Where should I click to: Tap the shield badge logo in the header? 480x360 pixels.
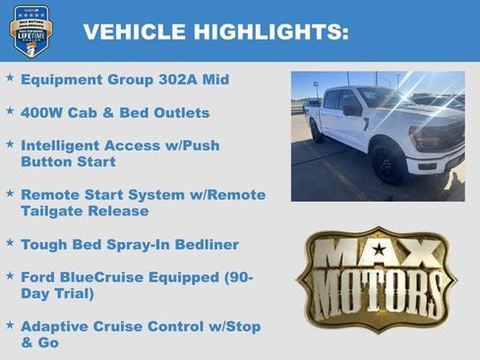tap(31, 30)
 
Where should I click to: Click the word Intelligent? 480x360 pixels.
tap(67, 145)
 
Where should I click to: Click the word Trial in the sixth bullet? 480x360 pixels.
tap(74, 293)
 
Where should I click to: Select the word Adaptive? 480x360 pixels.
tap(57, 326)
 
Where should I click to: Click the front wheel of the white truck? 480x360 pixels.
tap(388, 164)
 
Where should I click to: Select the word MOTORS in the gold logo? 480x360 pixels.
tap(378, 292)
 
